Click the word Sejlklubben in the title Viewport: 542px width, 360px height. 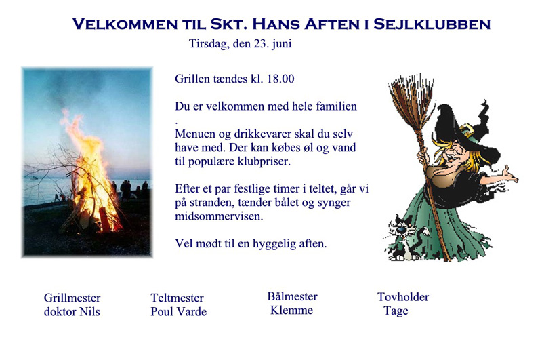432,24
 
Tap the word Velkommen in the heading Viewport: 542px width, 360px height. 125,24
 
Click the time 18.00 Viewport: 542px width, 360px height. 280,79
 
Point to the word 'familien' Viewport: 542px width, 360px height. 336,106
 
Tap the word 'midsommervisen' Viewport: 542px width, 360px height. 218,216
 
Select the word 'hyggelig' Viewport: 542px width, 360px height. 274,244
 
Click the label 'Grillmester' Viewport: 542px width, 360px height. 72,298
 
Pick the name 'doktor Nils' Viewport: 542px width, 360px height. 72,312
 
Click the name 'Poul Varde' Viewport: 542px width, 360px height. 178,312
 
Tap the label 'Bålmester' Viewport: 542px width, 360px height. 292,296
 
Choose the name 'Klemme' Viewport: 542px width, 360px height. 291,311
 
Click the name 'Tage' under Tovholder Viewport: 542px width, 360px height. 396,311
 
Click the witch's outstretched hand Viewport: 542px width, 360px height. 509,175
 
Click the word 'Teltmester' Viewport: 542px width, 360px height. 177,298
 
